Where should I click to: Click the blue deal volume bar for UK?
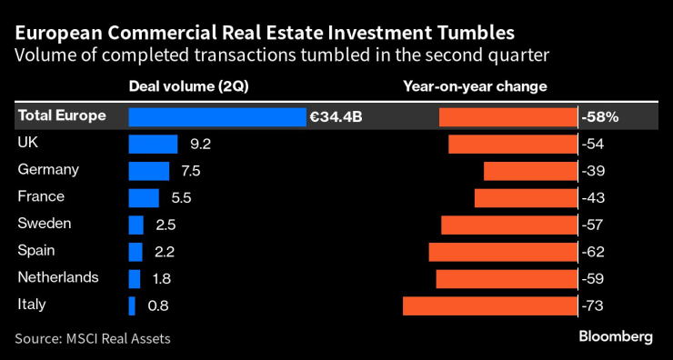click(x=153, y=144)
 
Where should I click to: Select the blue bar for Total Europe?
click(x=217, y=117)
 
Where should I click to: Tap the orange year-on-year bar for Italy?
click(x=490, y=305)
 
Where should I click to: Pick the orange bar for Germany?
click(x=530, y=171)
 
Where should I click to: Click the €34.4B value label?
click(x=336, y=117)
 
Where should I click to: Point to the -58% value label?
click(x=600, y=117)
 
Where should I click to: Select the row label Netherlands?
click(x=57, y=277)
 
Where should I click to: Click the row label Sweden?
click(x=44, y=224)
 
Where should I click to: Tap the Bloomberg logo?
click(x=616, y=336)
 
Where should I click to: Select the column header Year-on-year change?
click(x=475, y=87)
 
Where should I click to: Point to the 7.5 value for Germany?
click(x=191, y=171)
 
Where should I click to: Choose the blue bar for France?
click(x=144, y=197)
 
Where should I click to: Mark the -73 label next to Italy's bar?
click(x=595, y=305)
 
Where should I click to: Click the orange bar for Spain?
click(x=503, y=252)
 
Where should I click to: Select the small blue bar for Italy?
click(x=132, y=305)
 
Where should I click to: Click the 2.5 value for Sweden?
click(x=165, y=225)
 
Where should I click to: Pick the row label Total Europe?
click(x=61, y=116)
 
